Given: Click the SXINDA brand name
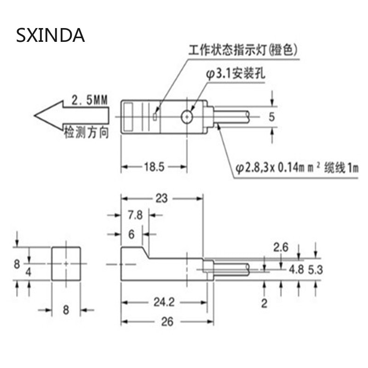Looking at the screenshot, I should (51, 35).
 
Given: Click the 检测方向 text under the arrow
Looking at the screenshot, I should (86, 133).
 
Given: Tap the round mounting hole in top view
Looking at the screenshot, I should (187, 117).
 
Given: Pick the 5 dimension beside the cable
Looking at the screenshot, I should (271, 117).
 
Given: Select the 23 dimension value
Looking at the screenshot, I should (161, 198).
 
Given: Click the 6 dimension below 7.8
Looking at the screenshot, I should (131, 235).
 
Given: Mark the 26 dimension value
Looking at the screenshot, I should (167, 322).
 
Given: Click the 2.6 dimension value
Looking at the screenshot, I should (281, 248).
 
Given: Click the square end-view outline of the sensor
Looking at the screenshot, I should (66, 264).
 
